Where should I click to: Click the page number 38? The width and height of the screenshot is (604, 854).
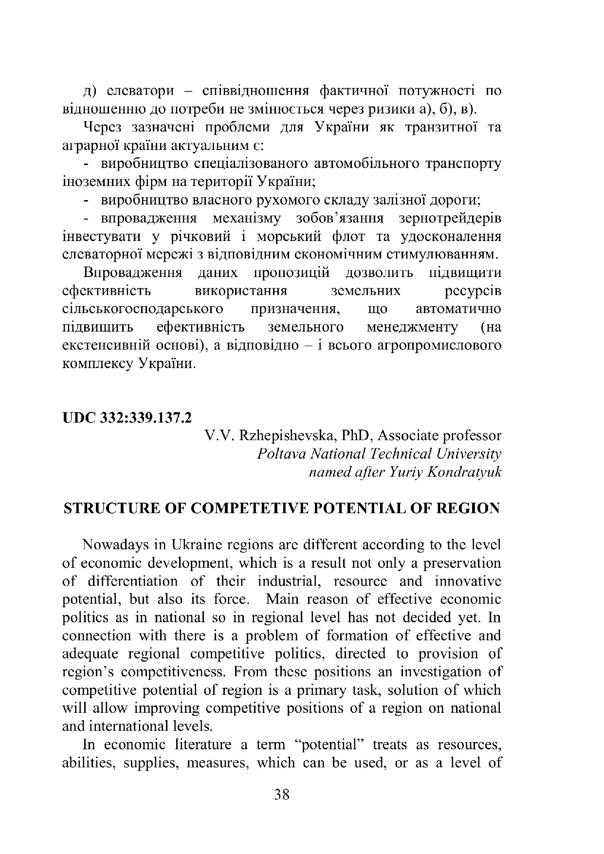click(282, 795)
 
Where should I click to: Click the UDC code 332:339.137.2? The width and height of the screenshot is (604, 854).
click(146, 417)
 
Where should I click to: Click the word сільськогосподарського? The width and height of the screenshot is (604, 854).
click(144, 309)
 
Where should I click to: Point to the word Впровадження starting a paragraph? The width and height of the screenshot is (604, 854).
click(133, 273)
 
